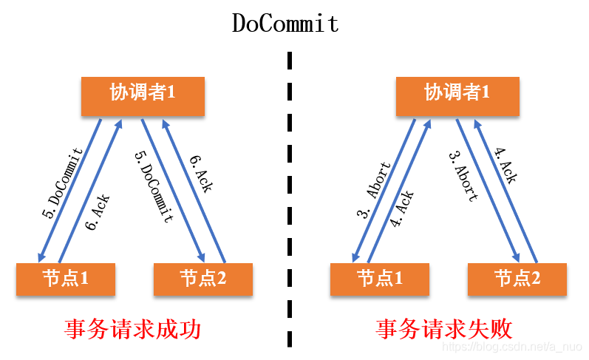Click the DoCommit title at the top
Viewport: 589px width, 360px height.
coord(285,23)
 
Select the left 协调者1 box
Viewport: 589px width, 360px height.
coord(143,94)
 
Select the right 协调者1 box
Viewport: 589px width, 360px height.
coord(457,94)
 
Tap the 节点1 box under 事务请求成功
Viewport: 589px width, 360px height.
coord(66,279)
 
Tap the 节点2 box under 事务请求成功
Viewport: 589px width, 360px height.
coord(202,279)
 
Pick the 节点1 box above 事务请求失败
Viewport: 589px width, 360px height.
coord(380,279)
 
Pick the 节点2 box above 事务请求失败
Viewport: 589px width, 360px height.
coord(517,279)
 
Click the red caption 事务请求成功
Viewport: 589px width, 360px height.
coord(132,329)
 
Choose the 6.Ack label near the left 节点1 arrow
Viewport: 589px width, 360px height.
coord(98,213)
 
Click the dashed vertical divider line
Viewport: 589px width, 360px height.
coord(289,200)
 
